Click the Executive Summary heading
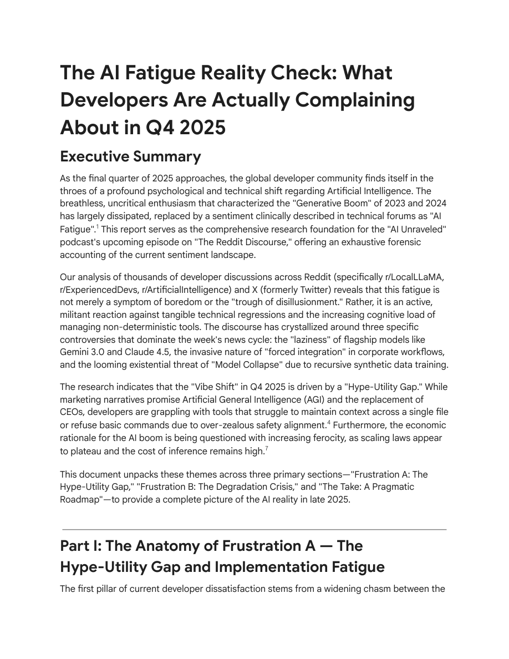[130, 156]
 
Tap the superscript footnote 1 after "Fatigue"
[98, 225]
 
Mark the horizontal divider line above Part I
[254, 530]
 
